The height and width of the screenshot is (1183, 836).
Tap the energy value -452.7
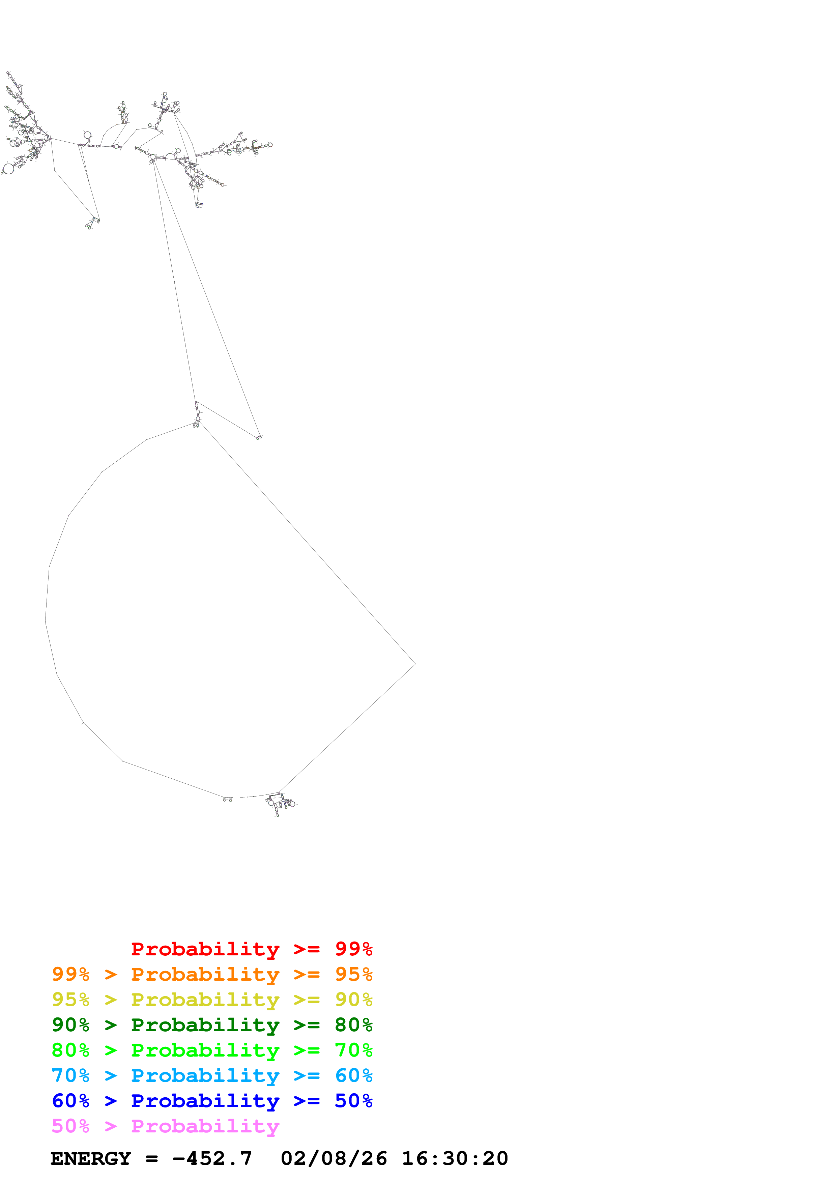pos(212,1158)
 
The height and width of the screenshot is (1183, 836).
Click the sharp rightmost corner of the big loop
pos(415,664)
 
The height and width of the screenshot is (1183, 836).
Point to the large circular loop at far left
pos(8,169)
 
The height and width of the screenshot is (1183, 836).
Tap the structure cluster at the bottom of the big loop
pos(279,802)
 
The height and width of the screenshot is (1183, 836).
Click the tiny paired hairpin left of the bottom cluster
pos(227,799)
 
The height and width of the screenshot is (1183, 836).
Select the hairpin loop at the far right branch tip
pos(270,145)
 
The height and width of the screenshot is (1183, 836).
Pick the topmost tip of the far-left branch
pos(8,73)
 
